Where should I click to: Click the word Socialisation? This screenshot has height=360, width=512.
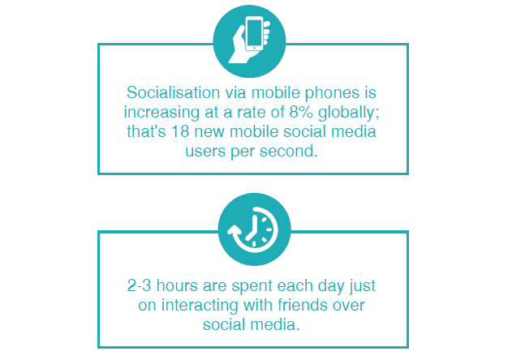[173, 92]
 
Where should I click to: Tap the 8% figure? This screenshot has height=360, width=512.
[301, 112]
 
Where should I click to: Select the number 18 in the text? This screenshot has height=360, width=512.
[181, 131]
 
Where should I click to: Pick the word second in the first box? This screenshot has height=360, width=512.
[289, 151]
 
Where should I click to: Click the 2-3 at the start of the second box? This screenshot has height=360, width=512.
[139, 285]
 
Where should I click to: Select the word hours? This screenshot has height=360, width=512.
[177, 285]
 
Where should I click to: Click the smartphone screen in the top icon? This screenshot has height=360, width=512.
[254, 33]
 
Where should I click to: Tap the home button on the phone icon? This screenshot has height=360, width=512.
[254, 48]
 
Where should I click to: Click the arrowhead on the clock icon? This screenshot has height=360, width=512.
[234, 230]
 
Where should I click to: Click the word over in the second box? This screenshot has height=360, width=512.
[348, 306]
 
